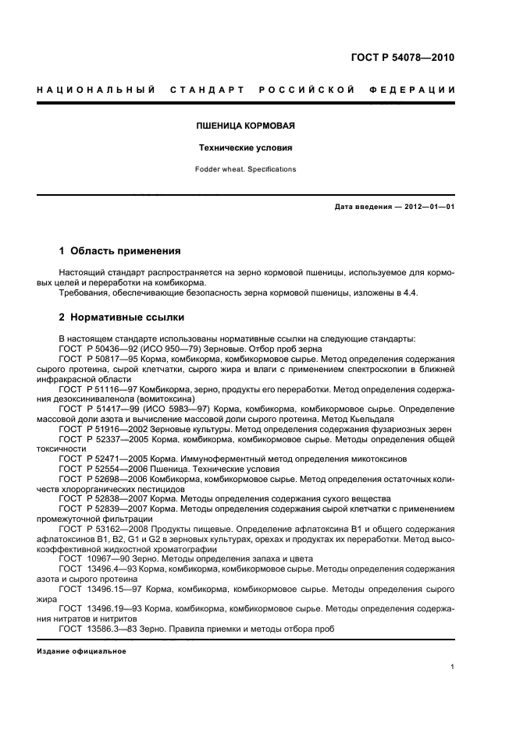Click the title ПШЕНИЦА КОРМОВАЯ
point(244,125)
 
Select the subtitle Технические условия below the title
point(244,147)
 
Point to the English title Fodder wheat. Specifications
point(244,168)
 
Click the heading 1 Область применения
point(120,251)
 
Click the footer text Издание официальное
point(81,651)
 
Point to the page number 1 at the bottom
point(453,667)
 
